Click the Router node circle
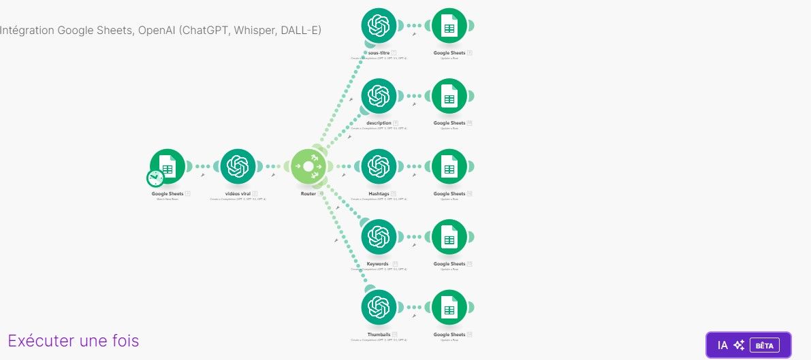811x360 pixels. (308, 167)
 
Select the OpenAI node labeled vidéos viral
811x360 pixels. (238, 167)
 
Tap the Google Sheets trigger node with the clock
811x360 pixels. (168, 166)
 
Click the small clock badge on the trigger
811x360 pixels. (155, 178)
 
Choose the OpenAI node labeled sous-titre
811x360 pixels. (379, 26)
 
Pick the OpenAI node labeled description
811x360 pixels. (379, 96)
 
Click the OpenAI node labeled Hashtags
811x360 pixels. (379, 167)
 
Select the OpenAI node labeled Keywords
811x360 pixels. (379, 237)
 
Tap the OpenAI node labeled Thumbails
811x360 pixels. (379, 308)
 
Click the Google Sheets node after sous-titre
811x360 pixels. (449, 26)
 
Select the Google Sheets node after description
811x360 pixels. (449, 96)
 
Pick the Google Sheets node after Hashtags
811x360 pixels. (449, 167)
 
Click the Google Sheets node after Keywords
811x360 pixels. (449, 237)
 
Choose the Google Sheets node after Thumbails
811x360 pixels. (449, 308)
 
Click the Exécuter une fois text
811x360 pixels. (74, 340)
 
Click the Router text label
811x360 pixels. (308, 194)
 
